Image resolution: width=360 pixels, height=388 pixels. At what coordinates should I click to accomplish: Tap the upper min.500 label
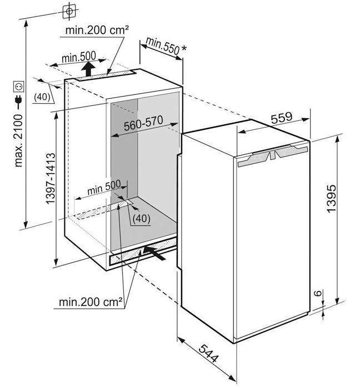pyautogui.click(x=78, y=57)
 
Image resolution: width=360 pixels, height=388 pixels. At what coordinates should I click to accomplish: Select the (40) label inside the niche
pyautogui.click(x=141, y=218)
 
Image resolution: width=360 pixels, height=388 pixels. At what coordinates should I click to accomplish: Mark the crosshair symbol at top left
pyautogui.click(x=68, y=11)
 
